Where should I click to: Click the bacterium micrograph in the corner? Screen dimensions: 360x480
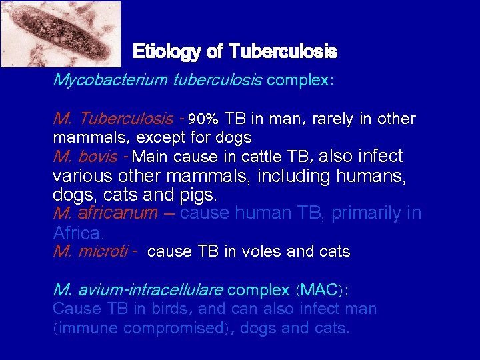click(60, 33)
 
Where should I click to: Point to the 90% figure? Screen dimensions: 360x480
click(203, 120)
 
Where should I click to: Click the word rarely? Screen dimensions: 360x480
click(322, 119)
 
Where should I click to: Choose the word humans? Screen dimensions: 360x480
click(369, 177)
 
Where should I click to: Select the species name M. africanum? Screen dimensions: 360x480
click(105, 213)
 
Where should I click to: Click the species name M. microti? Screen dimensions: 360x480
click(91, 251)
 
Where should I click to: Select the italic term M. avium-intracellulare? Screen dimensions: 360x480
click(138, 290)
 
